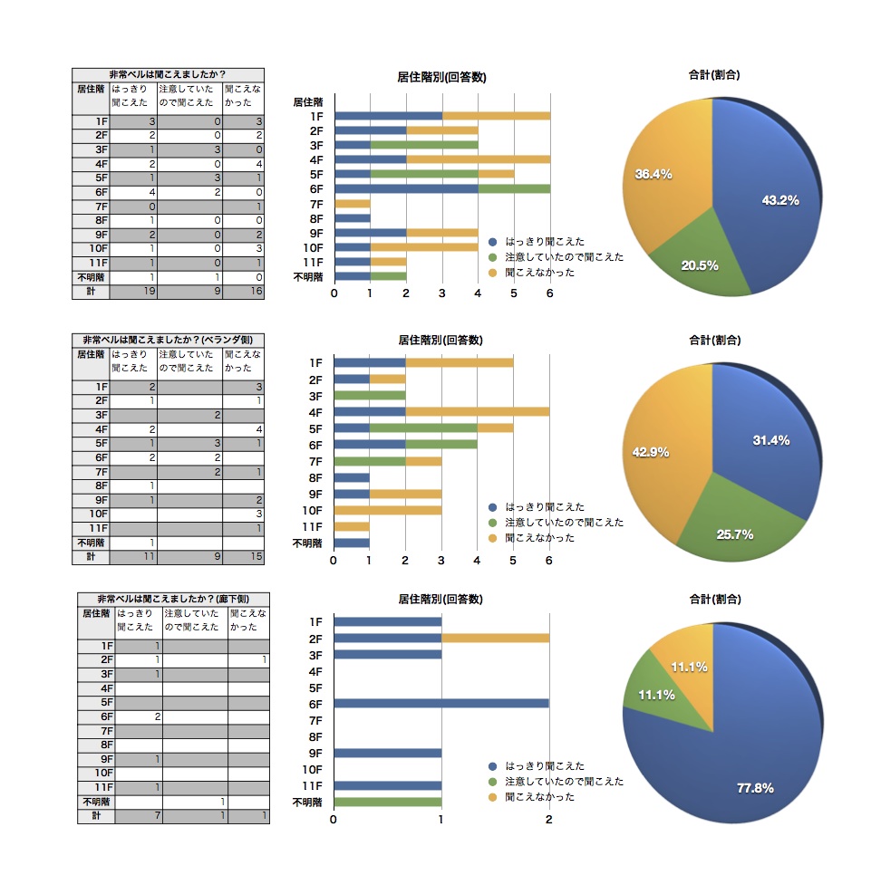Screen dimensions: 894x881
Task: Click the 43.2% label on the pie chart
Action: [x=779, y=200]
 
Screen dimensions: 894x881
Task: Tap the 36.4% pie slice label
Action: [x=653, y=174]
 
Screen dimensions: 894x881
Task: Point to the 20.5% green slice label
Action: [x=700, y=265]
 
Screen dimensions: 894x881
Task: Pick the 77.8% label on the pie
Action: [x=754, y=788]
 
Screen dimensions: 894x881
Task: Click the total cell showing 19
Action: [x=132, y=292]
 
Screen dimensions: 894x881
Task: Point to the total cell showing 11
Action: [x=132, y=556]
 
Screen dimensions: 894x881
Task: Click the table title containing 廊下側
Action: [x=173, y=600]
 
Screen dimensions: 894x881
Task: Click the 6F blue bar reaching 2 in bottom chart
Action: [x=441, y=704]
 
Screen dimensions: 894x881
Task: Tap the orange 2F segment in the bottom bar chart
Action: [x=495, y=639]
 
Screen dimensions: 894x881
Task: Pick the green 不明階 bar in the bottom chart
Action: [x=388, y=802]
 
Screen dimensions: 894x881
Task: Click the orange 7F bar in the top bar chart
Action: [x=353, y=204]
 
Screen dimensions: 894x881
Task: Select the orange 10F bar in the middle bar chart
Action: [x=388, y=510]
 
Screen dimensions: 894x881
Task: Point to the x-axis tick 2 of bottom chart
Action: [x=548, y=820]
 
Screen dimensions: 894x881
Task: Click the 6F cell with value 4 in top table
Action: [x=132, y=191]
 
